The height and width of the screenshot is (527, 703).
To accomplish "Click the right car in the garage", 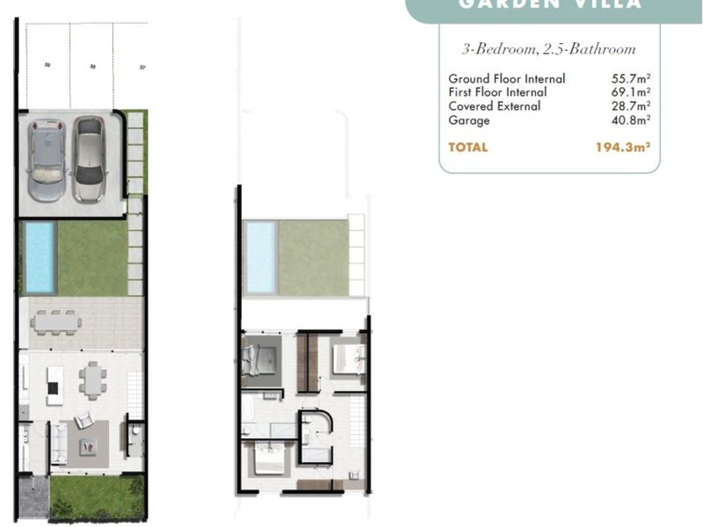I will (90, 160).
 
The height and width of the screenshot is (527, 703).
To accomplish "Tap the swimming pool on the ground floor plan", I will (40, 256).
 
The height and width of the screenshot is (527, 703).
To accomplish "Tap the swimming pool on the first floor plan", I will (260, 256).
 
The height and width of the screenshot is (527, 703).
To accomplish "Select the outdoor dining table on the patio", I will (56, 321).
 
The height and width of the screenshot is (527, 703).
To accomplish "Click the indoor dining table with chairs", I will (93, 380).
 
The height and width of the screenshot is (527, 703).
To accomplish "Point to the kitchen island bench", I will (54, 380).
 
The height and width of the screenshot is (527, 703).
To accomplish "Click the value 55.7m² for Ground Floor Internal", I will (630, 78).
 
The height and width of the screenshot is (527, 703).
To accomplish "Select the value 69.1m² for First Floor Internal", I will (630, 92).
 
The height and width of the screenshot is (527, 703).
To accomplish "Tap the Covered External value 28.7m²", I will (630, 106).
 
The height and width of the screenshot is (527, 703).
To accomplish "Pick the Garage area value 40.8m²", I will (630, 120).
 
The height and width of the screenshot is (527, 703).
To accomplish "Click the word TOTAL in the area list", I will (467, 148).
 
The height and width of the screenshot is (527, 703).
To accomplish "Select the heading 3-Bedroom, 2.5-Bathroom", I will (548, 49).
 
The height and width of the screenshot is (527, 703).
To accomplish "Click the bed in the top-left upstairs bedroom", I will (260, 358).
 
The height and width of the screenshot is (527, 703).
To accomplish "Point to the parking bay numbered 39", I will (47, 66).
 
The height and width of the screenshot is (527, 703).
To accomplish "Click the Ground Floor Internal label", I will (506, 78).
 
